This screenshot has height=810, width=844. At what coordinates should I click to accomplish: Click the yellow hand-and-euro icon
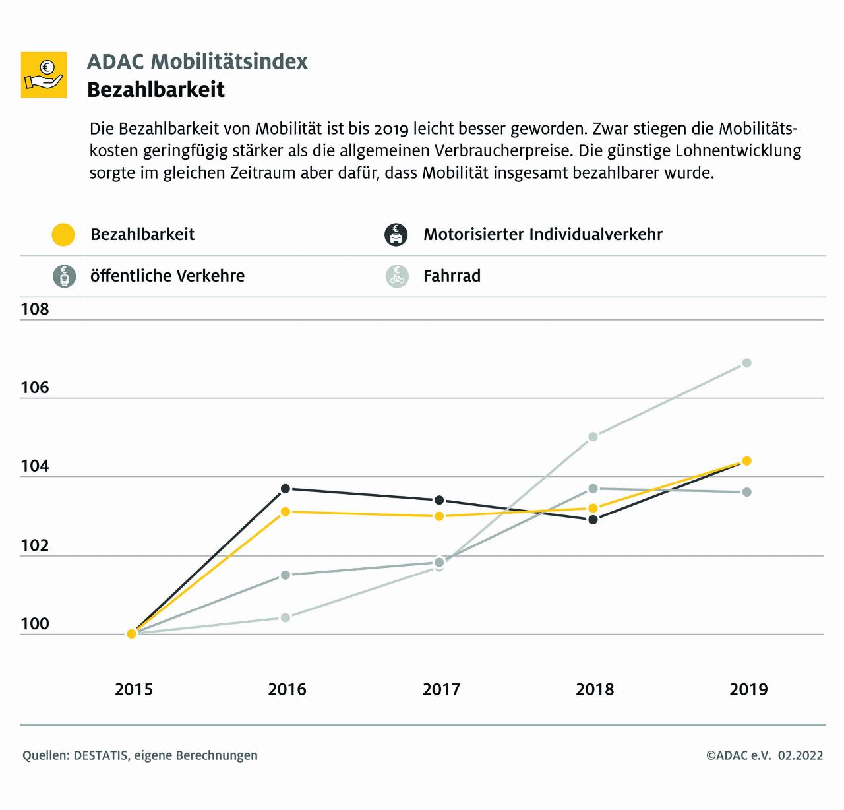pyautogui.click(x=44, y=75)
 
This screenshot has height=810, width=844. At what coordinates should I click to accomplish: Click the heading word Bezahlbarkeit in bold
pyautogui.click(x=156, y=90)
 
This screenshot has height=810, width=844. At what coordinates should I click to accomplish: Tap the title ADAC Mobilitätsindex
pyautogui.click(x=197, y=61)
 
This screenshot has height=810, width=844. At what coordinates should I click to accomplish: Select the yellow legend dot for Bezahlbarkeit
pyautogui.click(x=63, y=235)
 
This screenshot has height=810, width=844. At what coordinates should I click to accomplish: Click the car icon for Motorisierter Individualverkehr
pyautogui.click(x=396, y=235)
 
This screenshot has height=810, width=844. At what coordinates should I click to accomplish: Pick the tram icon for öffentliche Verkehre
pyautogui.click(x=63, y=276)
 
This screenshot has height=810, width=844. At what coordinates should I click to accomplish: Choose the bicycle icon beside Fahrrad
pyautogui.click(x=397, y=276)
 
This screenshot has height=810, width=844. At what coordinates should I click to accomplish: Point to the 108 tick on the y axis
pyautogui.click(x=35, y=309)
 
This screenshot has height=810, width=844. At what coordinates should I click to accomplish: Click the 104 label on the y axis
pyautogui.click(x=35, y=466)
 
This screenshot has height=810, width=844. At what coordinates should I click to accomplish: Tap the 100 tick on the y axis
pyautogui.click(x=35, y=624)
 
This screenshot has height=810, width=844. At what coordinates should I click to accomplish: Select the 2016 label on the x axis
pyautogui.click(x=287, y=689)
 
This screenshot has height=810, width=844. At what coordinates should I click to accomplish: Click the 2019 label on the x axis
pyautogui.click(x=748, y=689)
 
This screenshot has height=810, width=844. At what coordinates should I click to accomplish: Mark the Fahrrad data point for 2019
pyautogui.click(x=746, y=363)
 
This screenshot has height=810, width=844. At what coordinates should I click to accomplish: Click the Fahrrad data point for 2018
pyautogui.click(x=593, y=436)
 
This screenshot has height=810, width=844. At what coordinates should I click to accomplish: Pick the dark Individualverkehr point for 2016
pyautogui.click(x=286, y=489)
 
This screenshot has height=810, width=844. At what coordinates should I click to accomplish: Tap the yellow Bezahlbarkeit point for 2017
pyautogui.click(x=439, y=516)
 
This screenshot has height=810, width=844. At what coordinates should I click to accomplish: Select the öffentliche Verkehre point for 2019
pyautogui.click(x=746, y=492)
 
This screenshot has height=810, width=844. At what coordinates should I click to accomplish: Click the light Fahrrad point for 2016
pyautogui.click(x=286, y=617)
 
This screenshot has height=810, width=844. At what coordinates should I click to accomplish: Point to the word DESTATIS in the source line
pyautogui.click(x=101, y=755)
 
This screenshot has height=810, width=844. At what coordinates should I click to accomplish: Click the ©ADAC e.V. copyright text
pyautogui.click(x=738, y=755)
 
